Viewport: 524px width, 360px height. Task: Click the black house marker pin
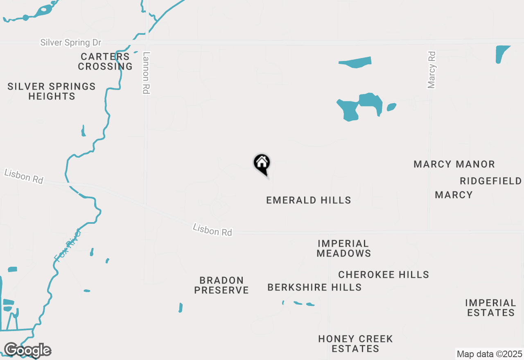[x=262, y=163]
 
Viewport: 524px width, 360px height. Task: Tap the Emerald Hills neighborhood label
[x=309, y=200]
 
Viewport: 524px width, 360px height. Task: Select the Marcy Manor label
[x=454, y=164]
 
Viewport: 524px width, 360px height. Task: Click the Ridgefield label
[x=490, y=181]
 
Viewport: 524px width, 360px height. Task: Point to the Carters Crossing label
[x=105, y=61]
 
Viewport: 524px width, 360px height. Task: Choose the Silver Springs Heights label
[x=52, y=91]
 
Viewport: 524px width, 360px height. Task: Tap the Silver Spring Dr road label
[x=70, y=43]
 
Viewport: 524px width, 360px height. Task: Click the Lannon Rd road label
[x=146, y=73]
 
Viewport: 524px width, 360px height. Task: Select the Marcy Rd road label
[x=431, y=70]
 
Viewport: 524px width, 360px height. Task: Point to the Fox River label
[x=68, y=245]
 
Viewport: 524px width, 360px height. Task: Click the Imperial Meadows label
[x=343, y=248]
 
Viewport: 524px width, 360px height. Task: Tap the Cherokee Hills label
[x=384, y=274]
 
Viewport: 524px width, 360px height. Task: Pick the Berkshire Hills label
[x=314, y=287]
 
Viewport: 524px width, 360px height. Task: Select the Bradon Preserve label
[x=221, y=285]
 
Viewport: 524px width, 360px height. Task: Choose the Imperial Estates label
[x=490, y=308]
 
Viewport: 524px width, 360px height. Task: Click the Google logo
[x=27, y=350]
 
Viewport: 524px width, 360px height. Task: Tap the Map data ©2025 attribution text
[x=489, y=354]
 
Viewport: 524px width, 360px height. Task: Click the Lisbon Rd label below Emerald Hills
[x=212, y=230]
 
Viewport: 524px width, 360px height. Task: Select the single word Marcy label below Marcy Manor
[x=454, y=195]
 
